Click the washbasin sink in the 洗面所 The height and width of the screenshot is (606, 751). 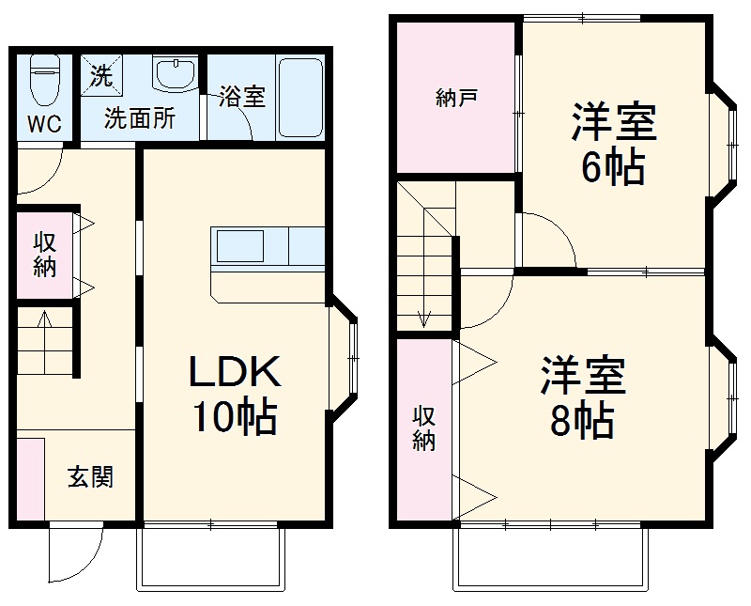tap(175, 73)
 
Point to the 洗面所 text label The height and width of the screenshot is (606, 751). tap(139, 119)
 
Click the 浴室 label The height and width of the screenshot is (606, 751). tap(241, 97)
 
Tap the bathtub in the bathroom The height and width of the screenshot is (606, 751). tap(300, 97)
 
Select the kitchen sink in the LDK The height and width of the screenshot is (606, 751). tap(242, 247)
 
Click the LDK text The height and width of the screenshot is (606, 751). tap(235, 374)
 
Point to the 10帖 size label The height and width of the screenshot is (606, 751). tap(235, 417)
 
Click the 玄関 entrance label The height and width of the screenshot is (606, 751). tap(90, 477)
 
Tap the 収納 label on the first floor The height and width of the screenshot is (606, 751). tap(44, 254)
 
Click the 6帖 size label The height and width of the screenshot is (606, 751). tap(612, 169)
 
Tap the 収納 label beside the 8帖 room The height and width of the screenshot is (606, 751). tap(425, 427)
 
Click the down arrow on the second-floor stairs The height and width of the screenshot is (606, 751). tap(424, 318)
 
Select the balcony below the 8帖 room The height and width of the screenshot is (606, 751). tap(552, 558)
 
